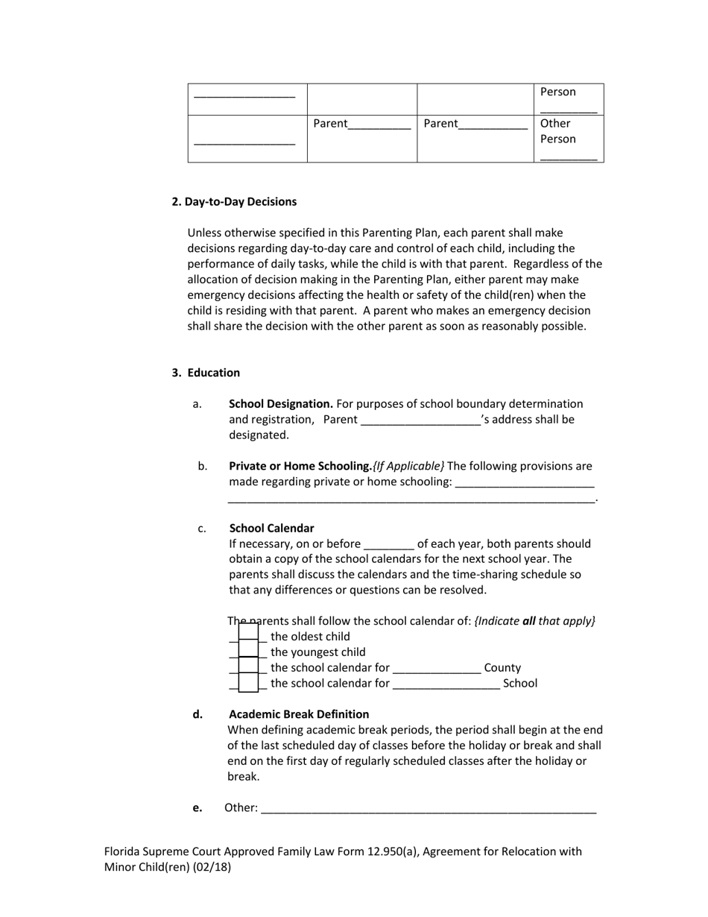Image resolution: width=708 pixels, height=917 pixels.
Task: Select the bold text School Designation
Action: click(280, 403)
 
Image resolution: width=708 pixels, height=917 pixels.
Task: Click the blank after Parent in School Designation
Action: click(420, 420)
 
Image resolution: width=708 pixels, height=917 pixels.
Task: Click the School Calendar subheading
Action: click(271, 528)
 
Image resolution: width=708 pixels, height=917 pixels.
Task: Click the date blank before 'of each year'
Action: click(388, 544)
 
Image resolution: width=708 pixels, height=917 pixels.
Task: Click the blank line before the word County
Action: click(437, 668)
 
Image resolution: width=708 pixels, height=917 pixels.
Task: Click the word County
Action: click(502, 668)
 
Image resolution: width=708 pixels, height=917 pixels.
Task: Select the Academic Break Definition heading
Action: click(298, 713)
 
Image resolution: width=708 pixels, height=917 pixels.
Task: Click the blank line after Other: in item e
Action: click(429, 808)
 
